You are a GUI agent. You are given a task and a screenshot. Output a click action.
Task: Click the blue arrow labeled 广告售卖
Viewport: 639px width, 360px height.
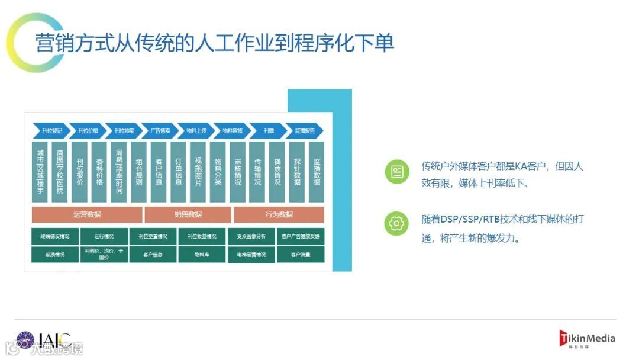[160, 130]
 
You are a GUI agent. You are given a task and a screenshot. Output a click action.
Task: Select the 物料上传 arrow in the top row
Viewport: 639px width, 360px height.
[196, 130]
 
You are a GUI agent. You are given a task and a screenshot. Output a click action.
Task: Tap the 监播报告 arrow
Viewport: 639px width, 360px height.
[305, 130]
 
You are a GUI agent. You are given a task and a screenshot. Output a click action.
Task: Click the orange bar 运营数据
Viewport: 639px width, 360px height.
[87, 214]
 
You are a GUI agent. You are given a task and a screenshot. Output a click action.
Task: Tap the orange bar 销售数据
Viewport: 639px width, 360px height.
[188, 214]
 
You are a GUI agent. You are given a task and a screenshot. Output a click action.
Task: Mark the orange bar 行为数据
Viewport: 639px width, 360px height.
[279, 214]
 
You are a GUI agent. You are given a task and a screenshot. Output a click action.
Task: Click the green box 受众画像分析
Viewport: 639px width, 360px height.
[251, 236]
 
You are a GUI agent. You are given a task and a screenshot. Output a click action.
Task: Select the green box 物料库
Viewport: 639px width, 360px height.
[202, 255]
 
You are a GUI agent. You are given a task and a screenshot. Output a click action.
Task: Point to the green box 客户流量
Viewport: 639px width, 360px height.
[301, 255]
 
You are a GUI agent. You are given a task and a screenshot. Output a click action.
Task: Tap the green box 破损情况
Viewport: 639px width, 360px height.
[54, 255]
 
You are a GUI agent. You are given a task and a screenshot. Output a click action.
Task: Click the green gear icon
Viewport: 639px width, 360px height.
[396, 224]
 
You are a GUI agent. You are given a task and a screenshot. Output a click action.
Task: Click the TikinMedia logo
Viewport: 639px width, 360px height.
[587, 339]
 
